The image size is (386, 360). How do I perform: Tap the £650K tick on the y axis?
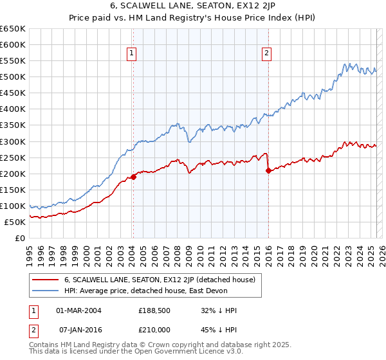tap(14, 29)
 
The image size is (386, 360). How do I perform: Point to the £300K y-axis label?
tap(14, 141)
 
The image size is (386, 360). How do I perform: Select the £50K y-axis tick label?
tap(15, 222)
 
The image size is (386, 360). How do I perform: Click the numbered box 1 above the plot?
tap(131, 54)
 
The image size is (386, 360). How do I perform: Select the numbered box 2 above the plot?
tap(266, 54)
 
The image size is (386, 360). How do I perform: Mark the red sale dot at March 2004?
tap(133, 177)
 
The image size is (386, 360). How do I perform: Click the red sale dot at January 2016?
tap(268, 170)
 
